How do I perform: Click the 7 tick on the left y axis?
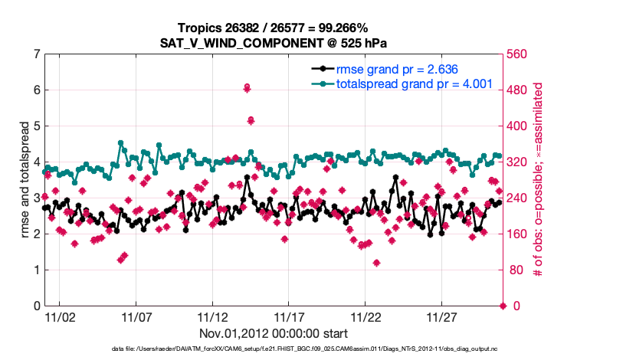click(37, 54)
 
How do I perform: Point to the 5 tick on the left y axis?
click(37, 126)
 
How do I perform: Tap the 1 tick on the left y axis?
click(37, 270)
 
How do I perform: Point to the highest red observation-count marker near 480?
click(247, 88)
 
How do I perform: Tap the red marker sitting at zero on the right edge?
click(503, 306)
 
